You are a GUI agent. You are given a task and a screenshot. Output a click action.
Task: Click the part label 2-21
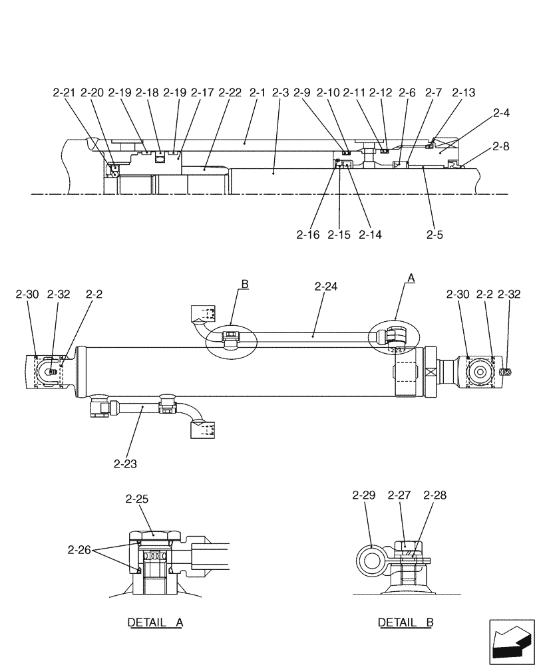pos(65,93)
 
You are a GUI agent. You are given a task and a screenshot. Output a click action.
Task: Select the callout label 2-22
pos(230,93)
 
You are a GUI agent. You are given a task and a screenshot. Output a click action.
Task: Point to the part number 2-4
pos(501,114)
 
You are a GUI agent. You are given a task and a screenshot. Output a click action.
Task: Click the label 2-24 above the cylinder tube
pos(327,287)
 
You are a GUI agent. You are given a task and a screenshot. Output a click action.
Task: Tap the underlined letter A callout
pos(411,279)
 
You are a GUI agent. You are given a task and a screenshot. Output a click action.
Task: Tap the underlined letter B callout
pos(245,284)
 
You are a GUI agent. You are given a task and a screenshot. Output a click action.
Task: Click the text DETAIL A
pos(155,623)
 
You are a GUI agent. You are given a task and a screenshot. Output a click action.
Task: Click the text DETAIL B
pos(405,623)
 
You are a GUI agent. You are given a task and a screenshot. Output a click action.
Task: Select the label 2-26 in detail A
pos(81,549)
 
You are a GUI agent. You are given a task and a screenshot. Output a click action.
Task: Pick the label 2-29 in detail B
pos(364,495)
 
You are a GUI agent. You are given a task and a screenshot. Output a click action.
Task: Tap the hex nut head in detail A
pos(154,534)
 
